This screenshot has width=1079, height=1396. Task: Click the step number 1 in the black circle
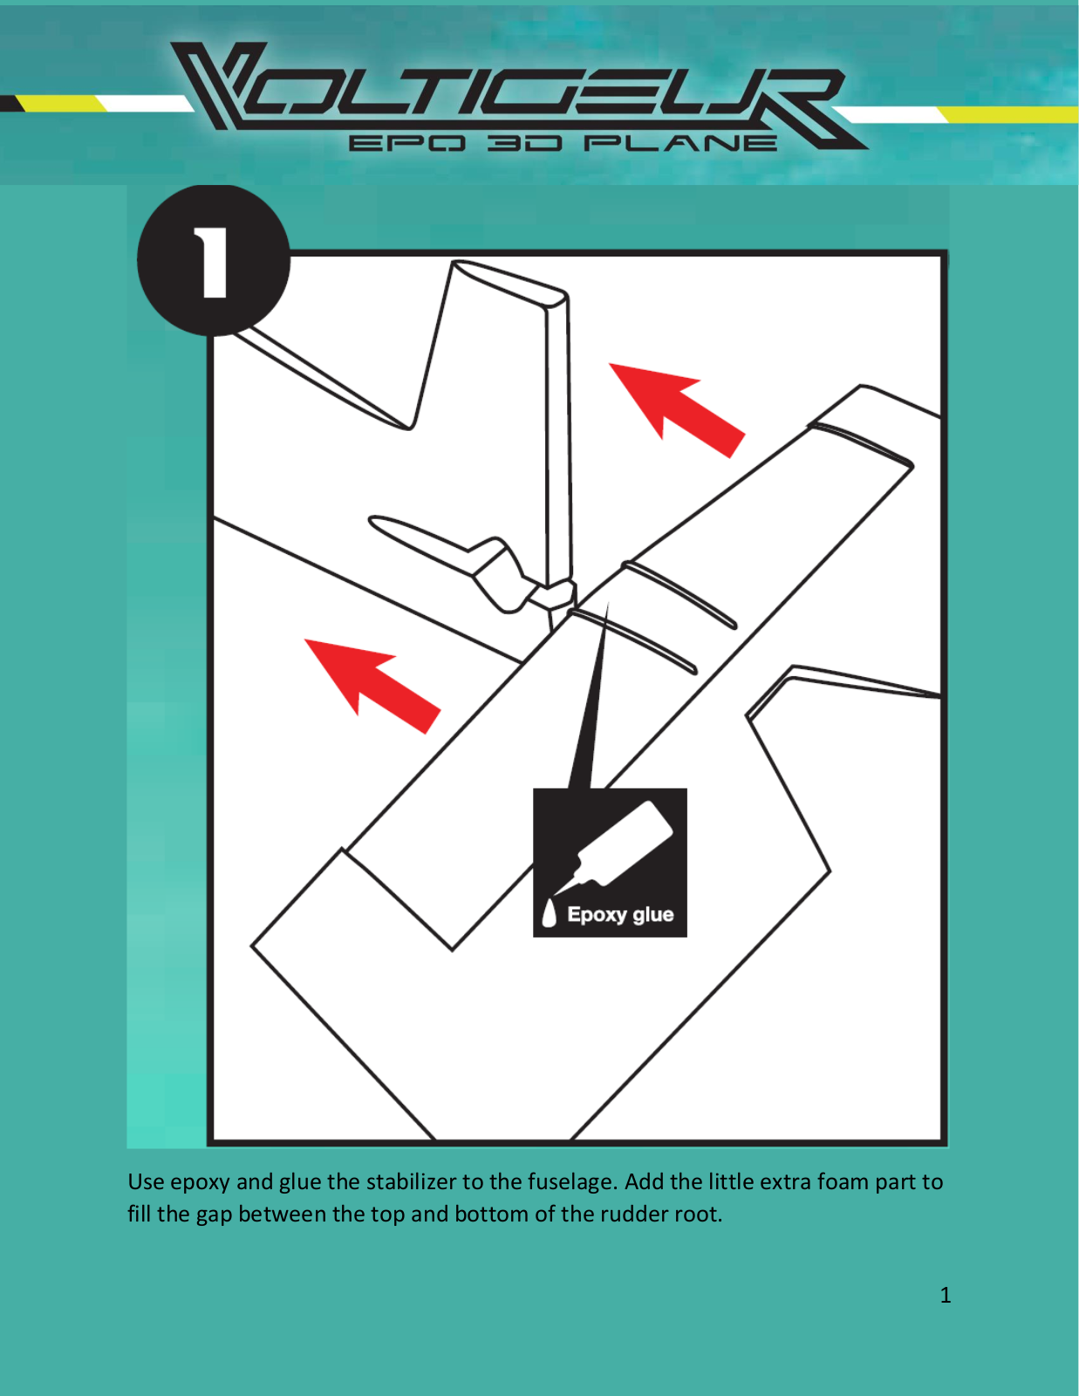[211, 263]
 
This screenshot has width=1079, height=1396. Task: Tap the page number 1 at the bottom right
[945, 1295]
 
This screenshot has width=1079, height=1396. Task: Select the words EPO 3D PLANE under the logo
[563, 142]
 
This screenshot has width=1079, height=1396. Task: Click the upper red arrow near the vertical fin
[677, 410]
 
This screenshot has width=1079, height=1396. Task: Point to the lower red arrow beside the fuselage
[372, 686]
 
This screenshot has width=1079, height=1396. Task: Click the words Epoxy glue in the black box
[620, 914]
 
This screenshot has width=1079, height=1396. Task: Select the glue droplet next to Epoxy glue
[549, 913]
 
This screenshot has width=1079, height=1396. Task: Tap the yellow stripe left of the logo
[61, 104]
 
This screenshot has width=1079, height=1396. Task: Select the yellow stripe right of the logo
[1007, 115]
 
